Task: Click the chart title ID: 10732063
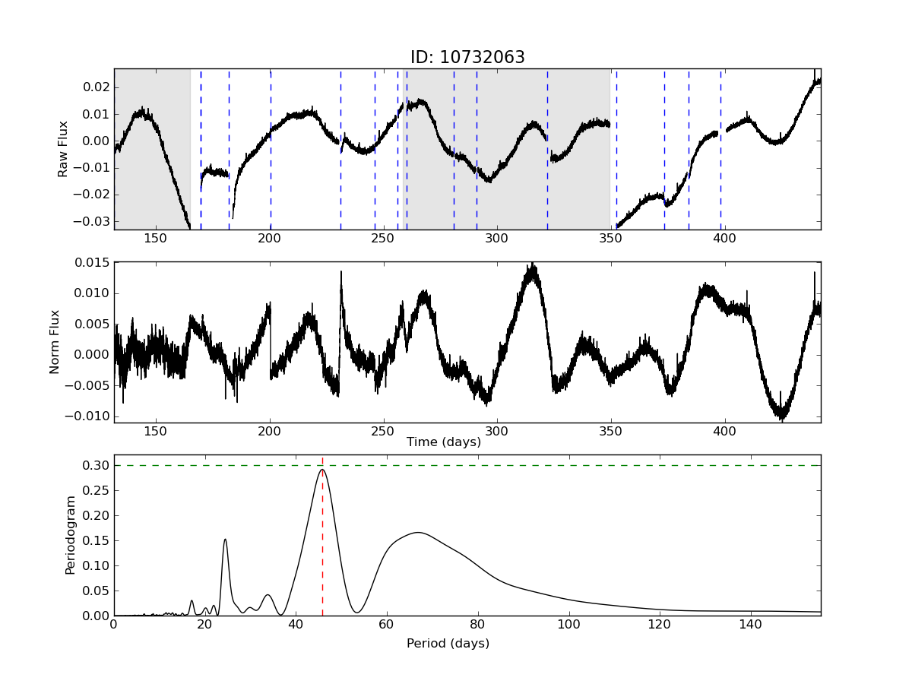click(467, 58)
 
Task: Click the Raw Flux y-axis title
click(63, 149)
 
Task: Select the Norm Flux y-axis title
click(55, 342)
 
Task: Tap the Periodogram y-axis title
click(70, 535)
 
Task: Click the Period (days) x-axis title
click(448, 643)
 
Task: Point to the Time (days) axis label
click(443, 442)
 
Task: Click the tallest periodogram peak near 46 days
click(322, 470)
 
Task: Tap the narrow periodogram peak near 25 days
click(225, 540)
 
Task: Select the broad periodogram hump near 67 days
click(418, 532)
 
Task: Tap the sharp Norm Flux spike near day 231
click(341, 272)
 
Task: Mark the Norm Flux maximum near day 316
click(534, 265)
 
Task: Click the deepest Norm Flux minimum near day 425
click(781, 418)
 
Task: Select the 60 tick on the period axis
click(387, 625)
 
